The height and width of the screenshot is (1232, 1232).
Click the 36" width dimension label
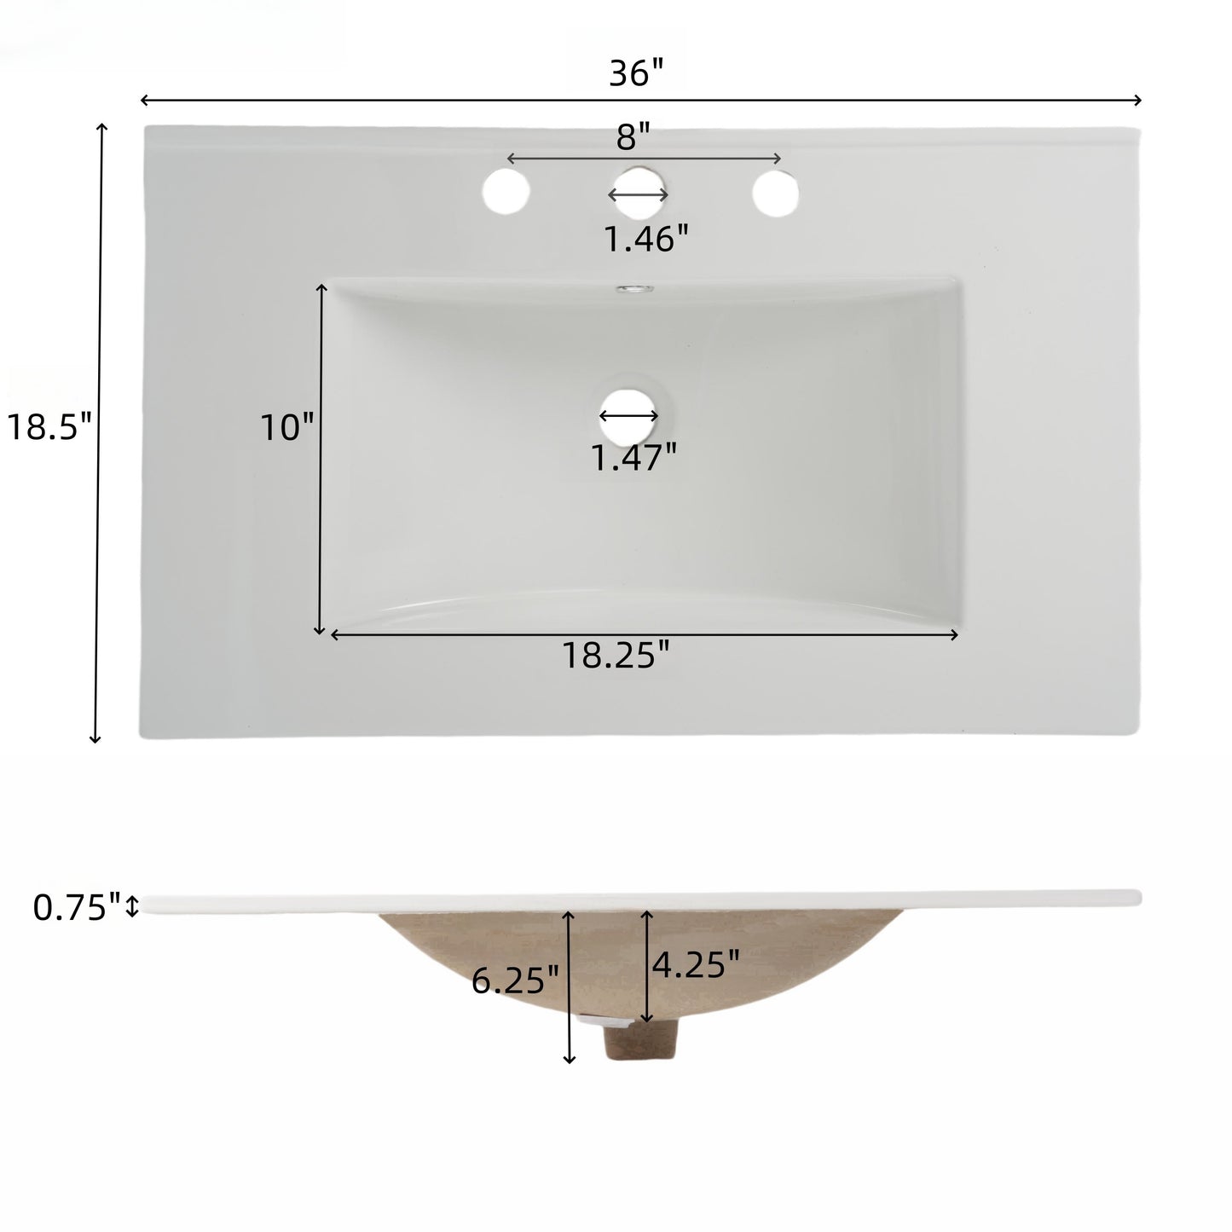pos(636,74)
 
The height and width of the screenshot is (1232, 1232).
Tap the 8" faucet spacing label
pos(633,136)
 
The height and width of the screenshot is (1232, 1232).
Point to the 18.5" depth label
pos(49,426)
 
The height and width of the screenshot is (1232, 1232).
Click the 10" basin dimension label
pos(286,426)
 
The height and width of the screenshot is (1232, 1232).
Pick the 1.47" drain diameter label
pos(633,458)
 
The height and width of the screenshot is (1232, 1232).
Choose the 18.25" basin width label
pos(615,655)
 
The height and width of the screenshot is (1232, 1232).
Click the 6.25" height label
pos(515,981)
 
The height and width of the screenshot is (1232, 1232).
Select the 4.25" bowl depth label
pos(695,965)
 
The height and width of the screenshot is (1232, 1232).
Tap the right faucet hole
pos(776,193)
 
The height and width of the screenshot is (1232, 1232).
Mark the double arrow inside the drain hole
pos(629,416)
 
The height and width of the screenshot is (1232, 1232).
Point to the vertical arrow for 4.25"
pos(647,965)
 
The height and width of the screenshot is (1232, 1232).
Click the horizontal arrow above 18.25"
pos(645,634)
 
